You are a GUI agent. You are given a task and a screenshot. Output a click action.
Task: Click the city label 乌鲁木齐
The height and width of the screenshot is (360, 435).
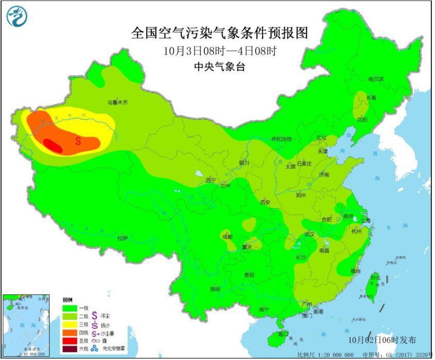(x=117, y=103)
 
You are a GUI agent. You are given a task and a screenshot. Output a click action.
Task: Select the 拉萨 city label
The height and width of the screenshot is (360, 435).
(x=122, y=238)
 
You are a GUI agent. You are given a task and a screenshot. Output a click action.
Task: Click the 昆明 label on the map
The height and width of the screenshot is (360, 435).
(x=215, y=289)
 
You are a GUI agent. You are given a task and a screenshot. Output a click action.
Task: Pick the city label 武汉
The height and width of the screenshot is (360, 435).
(x=309, y=234)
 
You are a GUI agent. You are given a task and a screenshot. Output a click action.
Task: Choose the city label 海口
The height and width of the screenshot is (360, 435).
(x=283, y=334)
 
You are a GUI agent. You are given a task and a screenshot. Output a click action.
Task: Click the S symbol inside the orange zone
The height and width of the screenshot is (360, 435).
(x=78, y=140)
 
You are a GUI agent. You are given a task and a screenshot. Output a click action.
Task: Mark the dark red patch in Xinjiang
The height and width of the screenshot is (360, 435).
(x=53, y=145)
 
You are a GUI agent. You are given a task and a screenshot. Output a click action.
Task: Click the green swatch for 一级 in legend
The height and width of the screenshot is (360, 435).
(x=69, y=307)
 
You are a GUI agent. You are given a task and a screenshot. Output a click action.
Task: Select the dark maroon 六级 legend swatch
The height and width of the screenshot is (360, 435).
(x=69, y=349)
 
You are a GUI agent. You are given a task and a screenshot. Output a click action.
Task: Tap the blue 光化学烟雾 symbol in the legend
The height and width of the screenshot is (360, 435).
(x=94, y=349)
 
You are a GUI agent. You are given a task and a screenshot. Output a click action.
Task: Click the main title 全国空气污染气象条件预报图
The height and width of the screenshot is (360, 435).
(x=220, y=33)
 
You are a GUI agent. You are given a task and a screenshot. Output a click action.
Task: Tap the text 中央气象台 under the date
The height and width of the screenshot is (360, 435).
(x=220, y=67)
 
